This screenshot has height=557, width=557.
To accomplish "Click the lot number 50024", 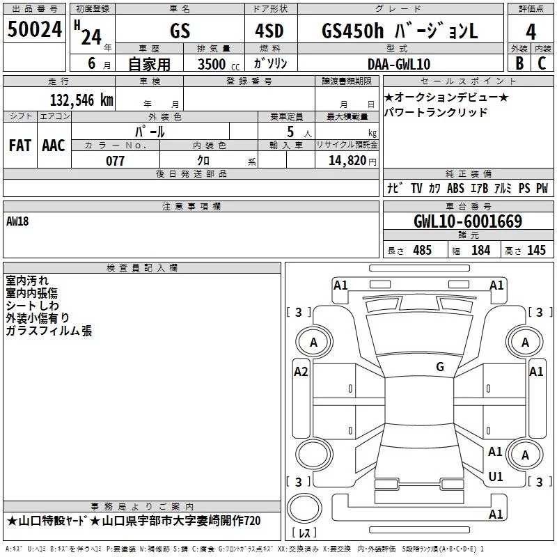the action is click(35, 29).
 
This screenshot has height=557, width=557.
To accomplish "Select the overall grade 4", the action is click(531, 32).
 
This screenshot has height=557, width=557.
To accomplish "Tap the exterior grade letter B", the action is click(519, 63).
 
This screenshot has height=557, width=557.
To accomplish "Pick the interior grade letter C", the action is click(542, 63).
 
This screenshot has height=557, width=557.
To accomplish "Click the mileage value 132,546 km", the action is click(81, 100).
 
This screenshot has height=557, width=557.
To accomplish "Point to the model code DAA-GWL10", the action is click(399, 64).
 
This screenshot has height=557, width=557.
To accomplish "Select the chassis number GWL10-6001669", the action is click(468, 221).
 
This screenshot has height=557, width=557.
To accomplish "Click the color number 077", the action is click(115, 161).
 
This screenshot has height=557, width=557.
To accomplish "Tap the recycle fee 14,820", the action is click(347, 161).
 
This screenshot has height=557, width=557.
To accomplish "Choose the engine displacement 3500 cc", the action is click(219, 64).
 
